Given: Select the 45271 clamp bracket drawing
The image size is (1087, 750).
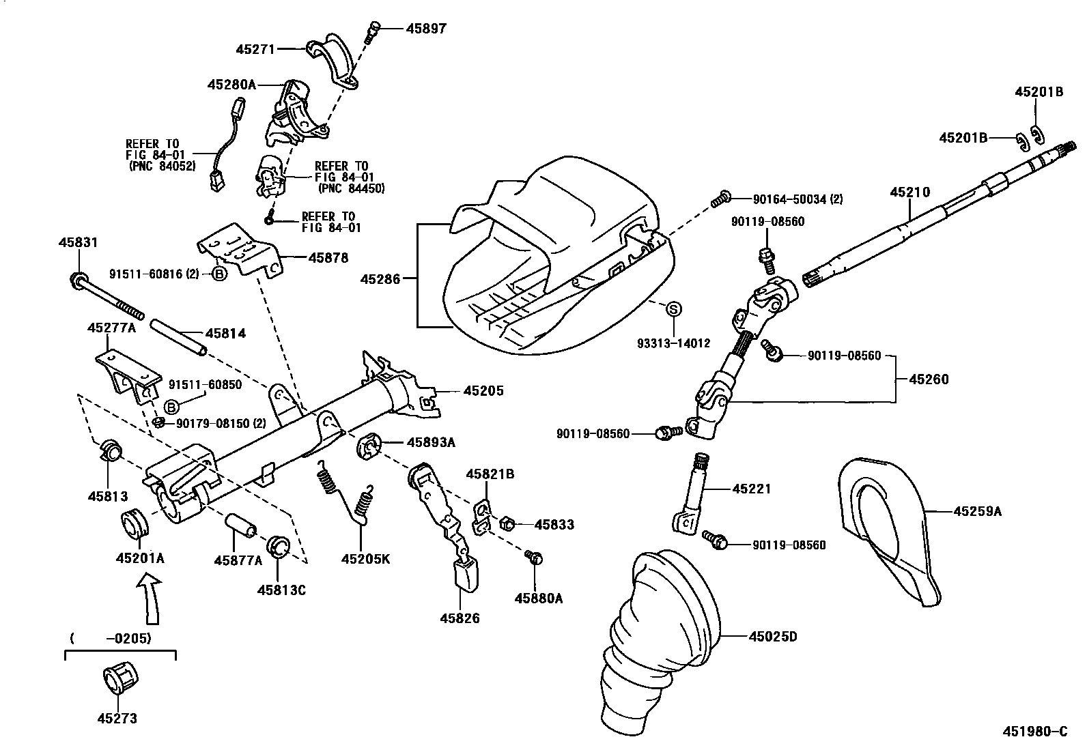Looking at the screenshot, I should tap(335, 60).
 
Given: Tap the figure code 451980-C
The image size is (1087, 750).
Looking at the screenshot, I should tap(1034, 732).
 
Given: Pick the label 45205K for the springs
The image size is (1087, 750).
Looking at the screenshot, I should tap(365, 559).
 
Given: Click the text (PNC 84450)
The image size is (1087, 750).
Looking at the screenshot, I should tap(351, 188).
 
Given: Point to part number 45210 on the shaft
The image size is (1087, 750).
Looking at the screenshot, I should tap(909, 193).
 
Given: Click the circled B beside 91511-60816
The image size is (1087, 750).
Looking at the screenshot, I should tap(219, 274).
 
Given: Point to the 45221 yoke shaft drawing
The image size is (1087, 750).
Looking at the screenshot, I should tap(693, 495).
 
